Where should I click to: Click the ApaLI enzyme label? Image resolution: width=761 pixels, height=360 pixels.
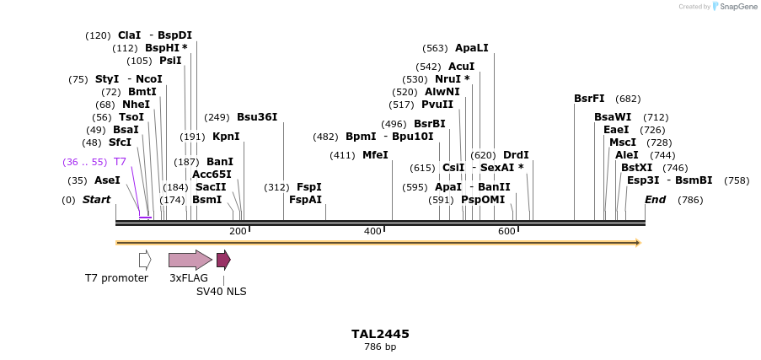click(x=471, y=48)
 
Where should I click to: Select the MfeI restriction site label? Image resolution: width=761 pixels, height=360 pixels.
click(x=375, y=155)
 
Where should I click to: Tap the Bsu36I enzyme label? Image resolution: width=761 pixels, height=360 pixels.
click(x=257, y=117)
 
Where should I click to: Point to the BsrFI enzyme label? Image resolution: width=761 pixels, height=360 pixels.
click(x=589, y=99)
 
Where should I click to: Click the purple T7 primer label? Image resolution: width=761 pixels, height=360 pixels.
click(x=120, y=162)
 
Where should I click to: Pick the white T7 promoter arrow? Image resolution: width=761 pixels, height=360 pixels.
click(x=145, y=260)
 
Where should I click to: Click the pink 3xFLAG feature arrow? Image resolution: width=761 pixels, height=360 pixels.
click(x=190, y=260)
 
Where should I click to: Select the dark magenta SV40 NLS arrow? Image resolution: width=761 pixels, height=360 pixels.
click(x=223, y=260)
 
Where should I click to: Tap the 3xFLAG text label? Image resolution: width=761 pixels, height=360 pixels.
click(x=189, y=278)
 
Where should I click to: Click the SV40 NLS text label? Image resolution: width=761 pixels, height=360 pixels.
click(x=222, y=292)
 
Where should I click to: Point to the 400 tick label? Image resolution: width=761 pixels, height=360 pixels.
click(x=372, y=232)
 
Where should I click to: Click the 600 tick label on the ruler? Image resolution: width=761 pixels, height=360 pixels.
click(x=506, y=232)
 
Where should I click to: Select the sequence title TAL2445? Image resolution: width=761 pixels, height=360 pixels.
click(x=380, y=334)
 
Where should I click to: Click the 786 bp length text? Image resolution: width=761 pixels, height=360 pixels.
click(x=380, y=347)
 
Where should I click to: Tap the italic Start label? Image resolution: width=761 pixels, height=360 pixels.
click(x=96, y=200)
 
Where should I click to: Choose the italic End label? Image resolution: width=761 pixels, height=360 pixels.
click(x=655, y=200)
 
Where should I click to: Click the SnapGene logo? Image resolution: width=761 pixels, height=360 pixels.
click(x=730, y=7)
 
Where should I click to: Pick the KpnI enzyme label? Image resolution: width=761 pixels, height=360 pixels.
click(x=226, y=137)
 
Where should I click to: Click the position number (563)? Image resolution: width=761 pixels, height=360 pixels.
click(x=435, y=48)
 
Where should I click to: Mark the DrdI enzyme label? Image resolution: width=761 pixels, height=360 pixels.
click(x=516, y=155)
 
